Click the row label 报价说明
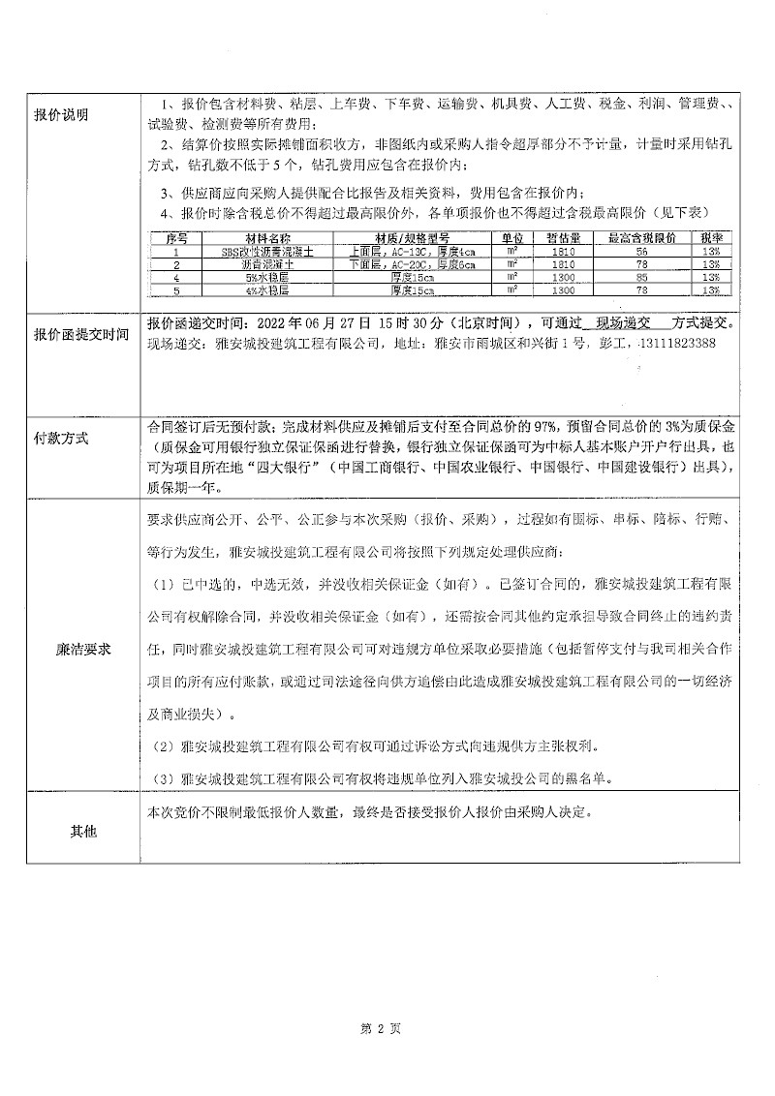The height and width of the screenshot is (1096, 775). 61,114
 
